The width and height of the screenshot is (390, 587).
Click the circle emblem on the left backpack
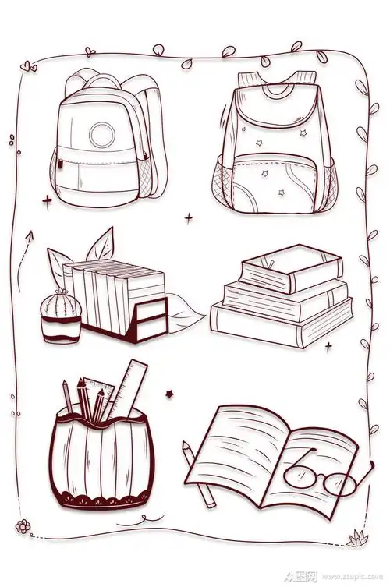pyautogui.click(x=101, y=135)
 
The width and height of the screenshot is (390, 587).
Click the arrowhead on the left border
pyautogui.click(x=30, y=234)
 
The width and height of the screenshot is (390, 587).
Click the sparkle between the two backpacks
pyautogui.click(x=188, y=218)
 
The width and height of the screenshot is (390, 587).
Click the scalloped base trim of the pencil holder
pyautogui.click(x=97, y=496)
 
